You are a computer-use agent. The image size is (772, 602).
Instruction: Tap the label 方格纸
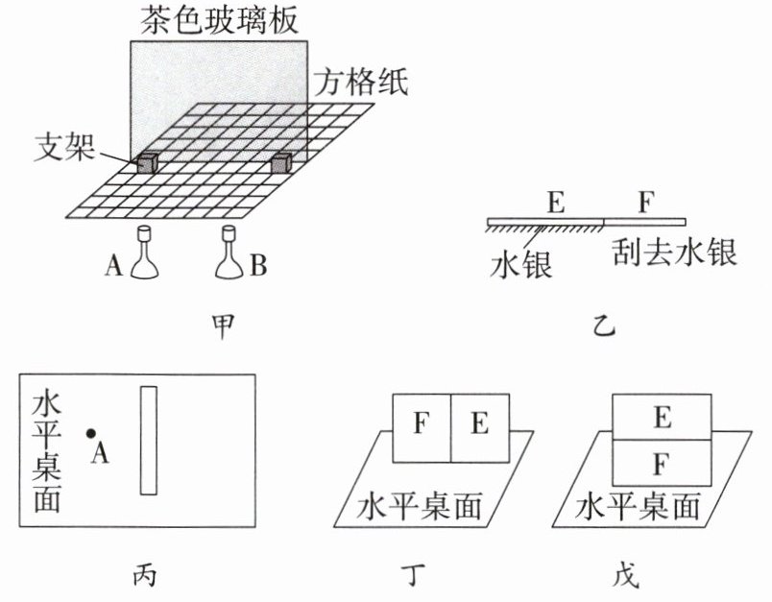coord(360,83)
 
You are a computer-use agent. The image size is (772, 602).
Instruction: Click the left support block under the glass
coord(146,163)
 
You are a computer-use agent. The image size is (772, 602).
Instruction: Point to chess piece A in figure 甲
coord(145,254)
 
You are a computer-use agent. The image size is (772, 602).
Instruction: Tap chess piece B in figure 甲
coord(229,254)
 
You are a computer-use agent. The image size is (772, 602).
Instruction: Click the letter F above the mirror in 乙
coord(645,203)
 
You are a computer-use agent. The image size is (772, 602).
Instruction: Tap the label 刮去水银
coord(675,254)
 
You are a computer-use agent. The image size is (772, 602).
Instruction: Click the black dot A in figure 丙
coord(90,434)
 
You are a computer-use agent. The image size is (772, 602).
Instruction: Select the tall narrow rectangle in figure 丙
coord(148,440)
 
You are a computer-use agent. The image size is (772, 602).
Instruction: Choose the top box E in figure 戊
coord(661,417)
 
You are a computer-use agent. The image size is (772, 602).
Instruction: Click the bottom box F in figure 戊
coord(661,464)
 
